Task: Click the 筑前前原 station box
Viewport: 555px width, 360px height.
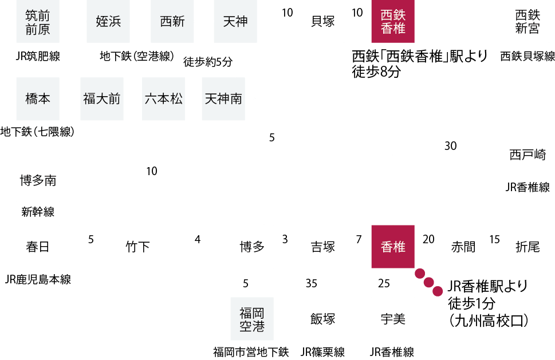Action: [38, 21]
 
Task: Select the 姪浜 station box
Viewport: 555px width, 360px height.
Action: [108, 21]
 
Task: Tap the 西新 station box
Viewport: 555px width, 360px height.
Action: [172, 21]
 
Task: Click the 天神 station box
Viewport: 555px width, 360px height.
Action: [235, 21]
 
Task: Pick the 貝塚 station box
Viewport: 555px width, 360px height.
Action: [322, 21]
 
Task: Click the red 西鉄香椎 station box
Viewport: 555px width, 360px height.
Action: [393, 21]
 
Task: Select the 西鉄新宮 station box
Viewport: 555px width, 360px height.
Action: [528, 21]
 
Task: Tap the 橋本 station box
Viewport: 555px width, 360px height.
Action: [38, 99]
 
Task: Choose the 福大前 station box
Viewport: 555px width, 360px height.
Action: [102, 99]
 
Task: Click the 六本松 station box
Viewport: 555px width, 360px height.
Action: [164, 99]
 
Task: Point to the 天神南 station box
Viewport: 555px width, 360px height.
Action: [223, 99]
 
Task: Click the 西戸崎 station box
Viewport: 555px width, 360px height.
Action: [528, 155]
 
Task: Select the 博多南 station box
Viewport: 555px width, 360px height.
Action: [38, 180]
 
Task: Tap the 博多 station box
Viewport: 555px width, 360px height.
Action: [252, 247]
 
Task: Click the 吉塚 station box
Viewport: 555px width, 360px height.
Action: [322, 247]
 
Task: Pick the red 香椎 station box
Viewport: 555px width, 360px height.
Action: [393, 247]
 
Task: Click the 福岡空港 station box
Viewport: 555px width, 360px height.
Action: [252, 319]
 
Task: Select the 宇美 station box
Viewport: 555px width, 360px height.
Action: [393, 319]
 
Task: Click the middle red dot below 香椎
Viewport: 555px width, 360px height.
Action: [428, 282]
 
